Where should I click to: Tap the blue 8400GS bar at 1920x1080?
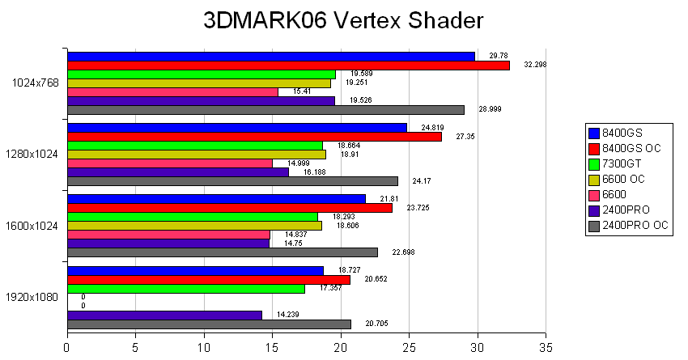(195, 271)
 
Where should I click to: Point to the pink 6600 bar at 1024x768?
(172, 92)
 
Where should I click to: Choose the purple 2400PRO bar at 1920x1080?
(164, 315)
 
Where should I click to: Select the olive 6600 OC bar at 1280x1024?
(197, 155)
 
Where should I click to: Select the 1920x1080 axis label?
(33, 297)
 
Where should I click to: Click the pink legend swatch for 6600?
(595, 195)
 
